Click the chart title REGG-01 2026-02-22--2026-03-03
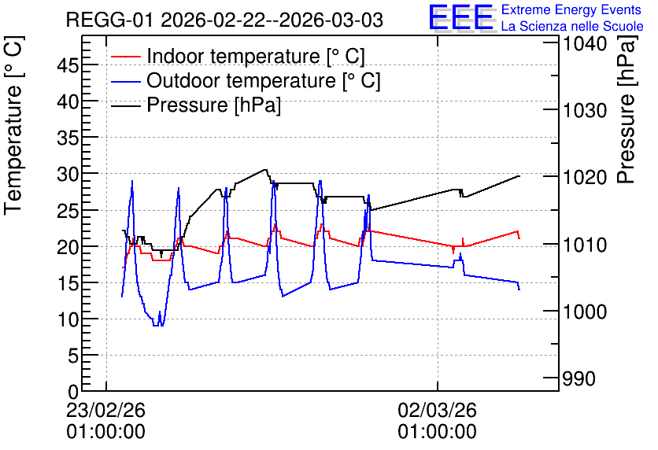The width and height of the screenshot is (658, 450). coord(224,20)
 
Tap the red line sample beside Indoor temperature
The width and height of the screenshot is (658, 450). coord(126,56)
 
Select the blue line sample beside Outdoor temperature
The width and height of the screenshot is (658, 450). coord(126,80)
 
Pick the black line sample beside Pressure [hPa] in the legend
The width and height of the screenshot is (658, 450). coord(126,105)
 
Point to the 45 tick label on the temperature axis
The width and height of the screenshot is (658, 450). coord(68,65)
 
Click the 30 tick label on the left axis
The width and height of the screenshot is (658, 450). coord(68,174)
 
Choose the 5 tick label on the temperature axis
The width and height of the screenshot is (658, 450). coord(73,356)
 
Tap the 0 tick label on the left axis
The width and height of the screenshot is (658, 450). coord(73,392)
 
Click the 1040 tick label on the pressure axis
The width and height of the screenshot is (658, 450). coord(585,43)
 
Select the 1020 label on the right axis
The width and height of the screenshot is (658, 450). coord(585,177)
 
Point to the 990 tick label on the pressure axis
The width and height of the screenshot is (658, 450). coord(579,378)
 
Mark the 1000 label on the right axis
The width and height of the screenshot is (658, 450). coord(585,312)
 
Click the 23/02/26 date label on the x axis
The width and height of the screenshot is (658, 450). coord(105,410)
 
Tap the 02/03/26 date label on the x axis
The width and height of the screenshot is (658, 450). coord(438,410)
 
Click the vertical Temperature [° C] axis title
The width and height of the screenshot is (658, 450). coord(13,125)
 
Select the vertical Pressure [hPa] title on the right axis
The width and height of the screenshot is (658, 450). coord(627,109)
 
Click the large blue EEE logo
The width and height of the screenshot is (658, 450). coord(461,17)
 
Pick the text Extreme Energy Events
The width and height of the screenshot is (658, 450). coord(571,9)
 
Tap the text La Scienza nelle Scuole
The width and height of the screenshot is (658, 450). coord(572,26)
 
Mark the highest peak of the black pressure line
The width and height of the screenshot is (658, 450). coord(265,169)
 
